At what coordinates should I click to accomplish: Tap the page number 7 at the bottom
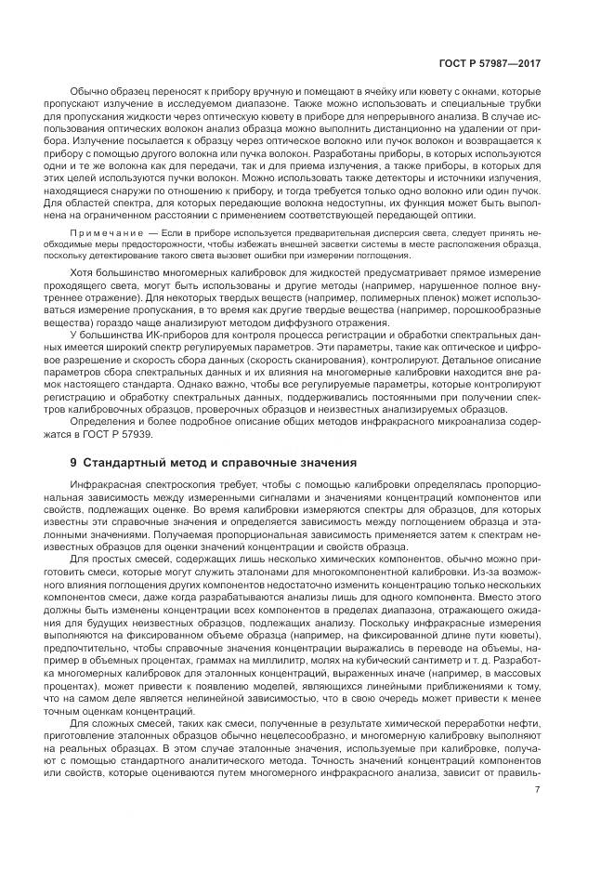[x=538, y=791]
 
